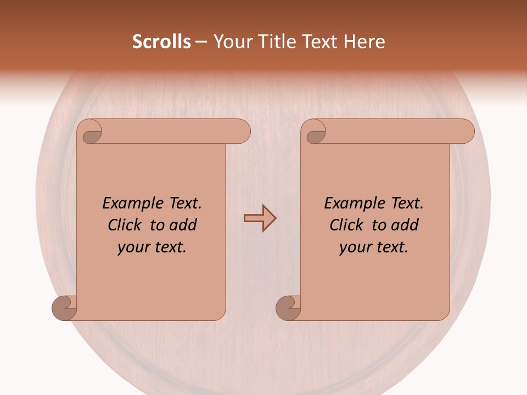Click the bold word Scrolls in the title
162,42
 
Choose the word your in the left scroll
132,247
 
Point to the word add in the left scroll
182,225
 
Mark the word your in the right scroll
354,247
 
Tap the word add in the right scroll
404,225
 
